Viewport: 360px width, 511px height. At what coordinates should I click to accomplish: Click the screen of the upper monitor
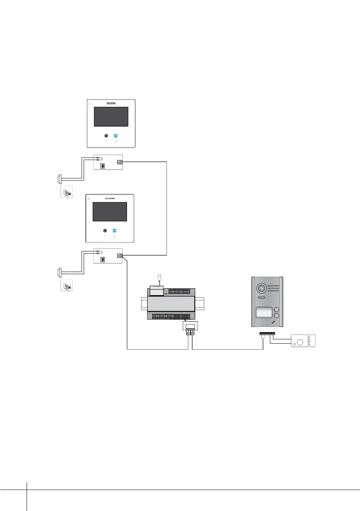pyautogui.click(x=111, y=117)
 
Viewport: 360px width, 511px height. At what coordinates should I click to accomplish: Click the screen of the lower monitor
pyautogui.click(x=110, y=212)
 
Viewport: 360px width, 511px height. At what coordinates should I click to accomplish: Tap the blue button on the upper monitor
pyautogui.click(x=115, y=137)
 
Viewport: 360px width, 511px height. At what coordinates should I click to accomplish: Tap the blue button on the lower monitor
pyautogui.click(x=115, y=230)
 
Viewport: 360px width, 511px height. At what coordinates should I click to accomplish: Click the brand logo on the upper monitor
pyautogui.click(x=112, y=104)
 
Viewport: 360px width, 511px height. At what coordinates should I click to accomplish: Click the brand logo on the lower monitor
pyautogui.click(x=111, y=199)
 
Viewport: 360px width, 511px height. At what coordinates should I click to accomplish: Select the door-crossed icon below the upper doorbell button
pyautogui.click(x=66, y=192)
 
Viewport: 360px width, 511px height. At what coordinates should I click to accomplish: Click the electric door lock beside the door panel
pyautogui.click(x=303, y=341)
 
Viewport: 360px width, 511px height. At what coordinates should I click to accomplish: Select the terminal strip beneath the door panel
pyautogui.click(x=267, y=333)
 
